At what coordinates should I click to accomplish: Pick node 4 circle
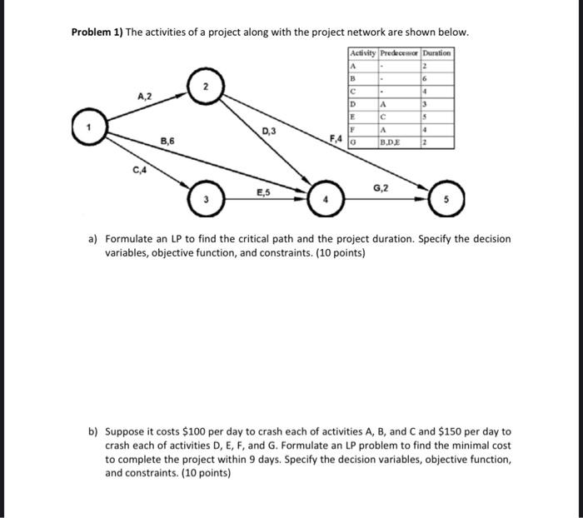click(x=326, y=200)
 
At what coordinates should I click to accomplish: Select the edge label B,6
click(x=167, y=142)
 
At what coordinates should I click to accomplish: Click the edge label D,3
click(x=269, y=131)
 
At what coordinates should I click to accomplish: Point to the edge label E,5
click(x=263, y=192)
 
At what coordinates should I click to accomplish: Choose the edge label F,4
click(x=336, y=137)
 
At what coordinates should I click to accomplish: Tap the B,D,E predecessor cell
click(x=389, y=142)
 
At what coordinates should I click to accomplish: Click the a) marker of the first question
click(x=93, y=239)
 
